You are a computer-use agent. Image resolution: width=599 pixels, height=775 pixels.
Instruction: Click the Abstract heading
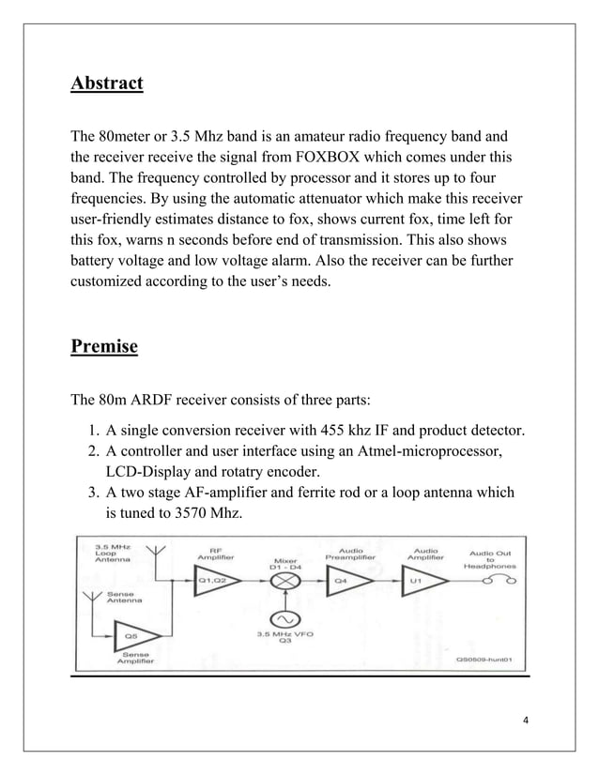[107, 84]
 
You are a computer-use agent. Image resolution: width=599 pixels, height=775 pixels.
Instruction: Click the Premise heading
[104, 347]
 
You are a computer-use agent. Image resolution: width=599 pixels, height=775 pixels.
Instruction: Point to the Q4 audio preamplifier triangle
[346, 581]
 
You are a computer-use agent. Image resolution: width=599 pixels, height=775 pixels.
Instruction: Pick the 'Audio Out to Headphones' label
[489, 559]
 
